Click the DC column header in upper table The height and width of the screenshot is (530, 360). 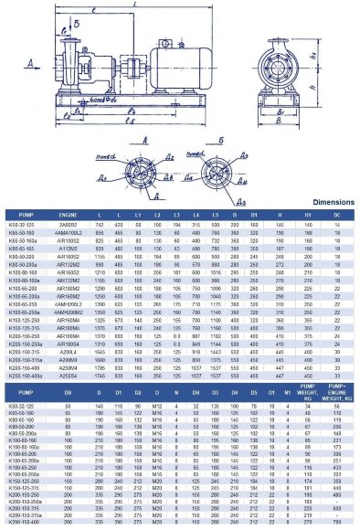337,214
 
